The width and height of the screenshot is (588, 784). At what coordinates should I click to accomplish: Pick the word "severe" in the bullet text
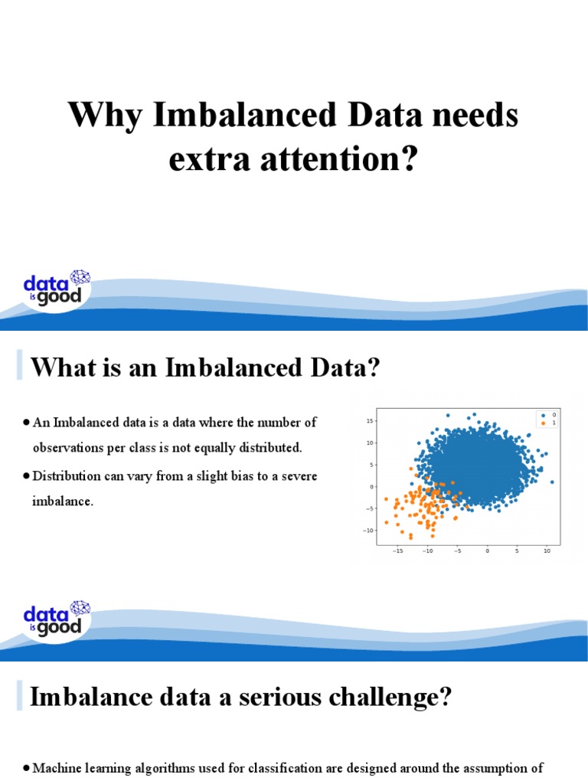click(296, 476)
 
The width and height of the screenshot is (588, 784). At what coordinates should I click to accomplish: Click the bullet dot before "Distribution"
click(26, 477)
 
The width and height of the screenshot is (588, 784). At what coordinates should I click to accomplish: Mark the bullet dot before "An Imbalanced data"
click(26, 423)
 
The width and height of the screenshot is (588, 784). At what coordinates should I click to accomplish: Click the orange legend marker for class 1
click(542, 422)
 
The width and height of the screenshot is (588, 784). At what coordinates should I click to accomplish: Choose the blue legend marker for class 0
click(542, 414)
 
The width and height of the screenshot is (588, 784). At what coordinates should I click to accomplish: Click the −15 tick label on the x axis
click(397, 550)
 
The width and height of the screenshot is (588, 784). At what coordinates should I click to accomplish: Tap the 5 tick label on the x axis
click(517, 550)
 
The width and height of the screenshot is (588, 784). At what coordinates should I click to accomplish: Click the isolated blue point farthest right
click(552, 482)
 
